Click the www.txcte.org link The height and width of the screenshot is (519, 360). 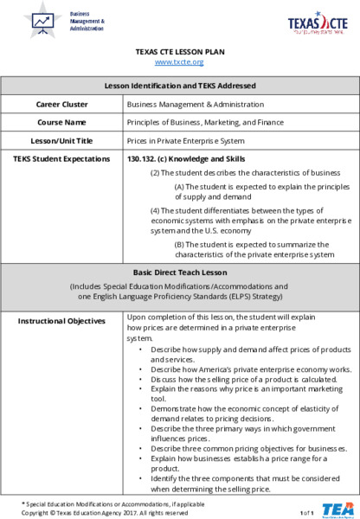[x=179, y=62]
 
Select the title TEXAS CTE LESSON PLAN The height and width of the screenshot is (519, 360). [x=180, y=52]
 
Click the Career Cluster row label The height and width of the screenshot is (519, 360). [x=61, y=104]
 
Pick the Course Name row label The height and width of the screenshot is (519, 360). [x=61, y=122]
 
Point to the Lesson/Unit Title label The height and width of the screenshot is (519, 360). [x=61, y=140]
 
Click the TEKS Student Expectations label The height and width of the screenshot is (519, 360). [x=61, y=158]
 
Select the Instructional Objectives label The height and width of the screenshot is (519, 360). [x=61, y=321]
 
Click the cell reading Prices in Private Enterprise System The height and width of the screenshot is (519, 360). [x=180, y=140]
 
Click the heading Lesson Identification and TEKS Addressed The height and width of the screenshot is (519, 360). [x=180, y=86]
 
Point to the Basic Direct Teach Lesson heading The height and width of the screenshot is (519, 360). [x=180, y=272]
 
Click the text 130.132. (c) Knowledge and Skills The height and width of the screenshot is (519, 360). [x=185, y=158]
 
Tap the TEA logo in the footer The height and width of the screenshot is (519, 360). [x=336, y=509]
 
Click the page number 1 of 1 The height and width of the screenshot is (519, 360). [x=306, y=513]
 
